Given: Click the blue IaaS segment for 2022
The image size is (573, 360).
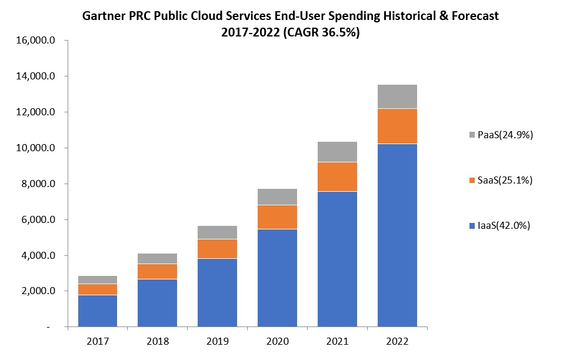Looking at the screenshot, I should (397, 235).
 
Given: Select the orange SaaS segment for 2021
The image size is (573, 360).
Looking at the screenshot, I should (337, 176).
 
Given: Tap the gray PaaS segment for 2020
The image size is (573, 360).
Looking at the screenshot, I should (277, 196).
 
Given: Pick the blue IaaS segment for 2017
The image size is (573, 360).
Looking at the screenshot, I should (98, 311).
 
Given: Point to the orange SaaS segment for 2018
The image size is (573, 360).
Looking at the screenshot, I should (158, 271).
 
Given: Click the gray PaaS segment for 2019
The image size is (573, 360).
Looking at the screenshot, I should (218, 232).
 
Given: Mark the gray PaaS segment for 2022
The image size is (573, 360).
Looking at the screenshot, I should (397, 96).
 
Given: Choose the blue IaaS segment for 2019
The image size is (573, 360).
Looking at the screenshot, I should (218, 292).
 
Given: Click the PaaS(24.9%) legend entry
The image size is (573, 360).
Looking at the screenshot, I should (501, 135).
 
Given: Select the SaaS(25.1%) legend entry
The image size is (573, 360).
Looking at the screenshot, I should (501, 180).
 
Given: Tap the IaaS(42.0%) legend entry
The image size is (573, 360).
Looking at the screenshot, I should (501, 225).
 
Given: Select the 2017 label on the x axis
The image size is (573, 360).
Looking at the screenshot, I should (98, 341).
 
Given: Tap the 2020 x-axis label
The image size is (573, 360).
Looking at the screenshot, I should (277, 341).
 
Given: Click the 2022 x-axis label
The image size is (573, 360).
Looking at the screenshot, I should (397, 341).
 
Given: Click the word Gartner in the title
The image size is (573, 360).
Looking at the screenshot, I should (104, 16).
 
